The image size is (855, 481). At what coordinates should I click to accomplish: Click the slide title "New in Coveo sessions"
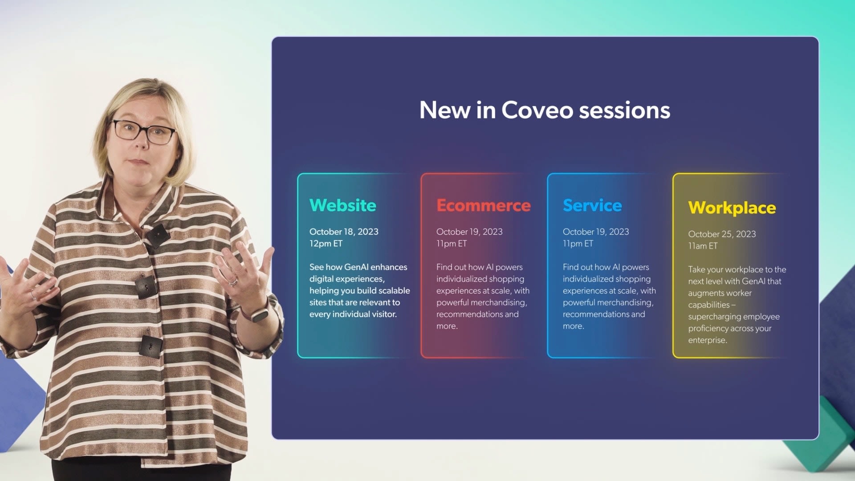[545, 110]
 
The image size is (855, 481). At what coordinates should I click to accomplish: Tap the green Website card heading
[343, 205]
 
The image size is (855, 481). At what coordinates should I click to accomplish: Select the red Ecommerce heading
[484, 205]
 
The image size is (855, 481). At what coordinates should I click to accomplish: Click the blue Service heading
[592, 205]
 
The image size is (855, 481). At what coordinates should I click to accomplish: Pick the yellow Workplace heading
[732, 208]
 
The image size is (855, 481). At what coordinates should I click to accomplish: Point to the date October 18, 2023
[344, 232]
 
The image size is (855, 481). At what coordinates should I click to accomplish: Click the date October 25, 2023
[722, 234]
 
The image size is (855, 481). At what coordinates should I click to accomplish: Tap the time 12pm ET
[326, 244]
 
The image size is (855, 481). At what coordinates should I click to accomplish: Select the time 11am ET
[703, 246]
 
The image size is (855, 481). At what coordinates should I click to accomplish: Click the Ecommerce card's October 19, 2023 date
[469, 232]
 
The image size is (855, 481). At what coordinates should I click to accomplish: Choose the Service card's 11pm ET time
[578, 244]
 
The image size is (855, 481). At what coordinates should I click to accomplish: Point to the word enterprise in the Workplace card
[707, 340]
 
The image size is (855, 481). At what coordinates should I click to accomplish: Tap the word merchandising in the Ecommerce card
[499, 303]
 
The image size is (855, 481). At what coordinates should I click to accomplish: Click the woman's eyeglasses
[143, 132]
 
